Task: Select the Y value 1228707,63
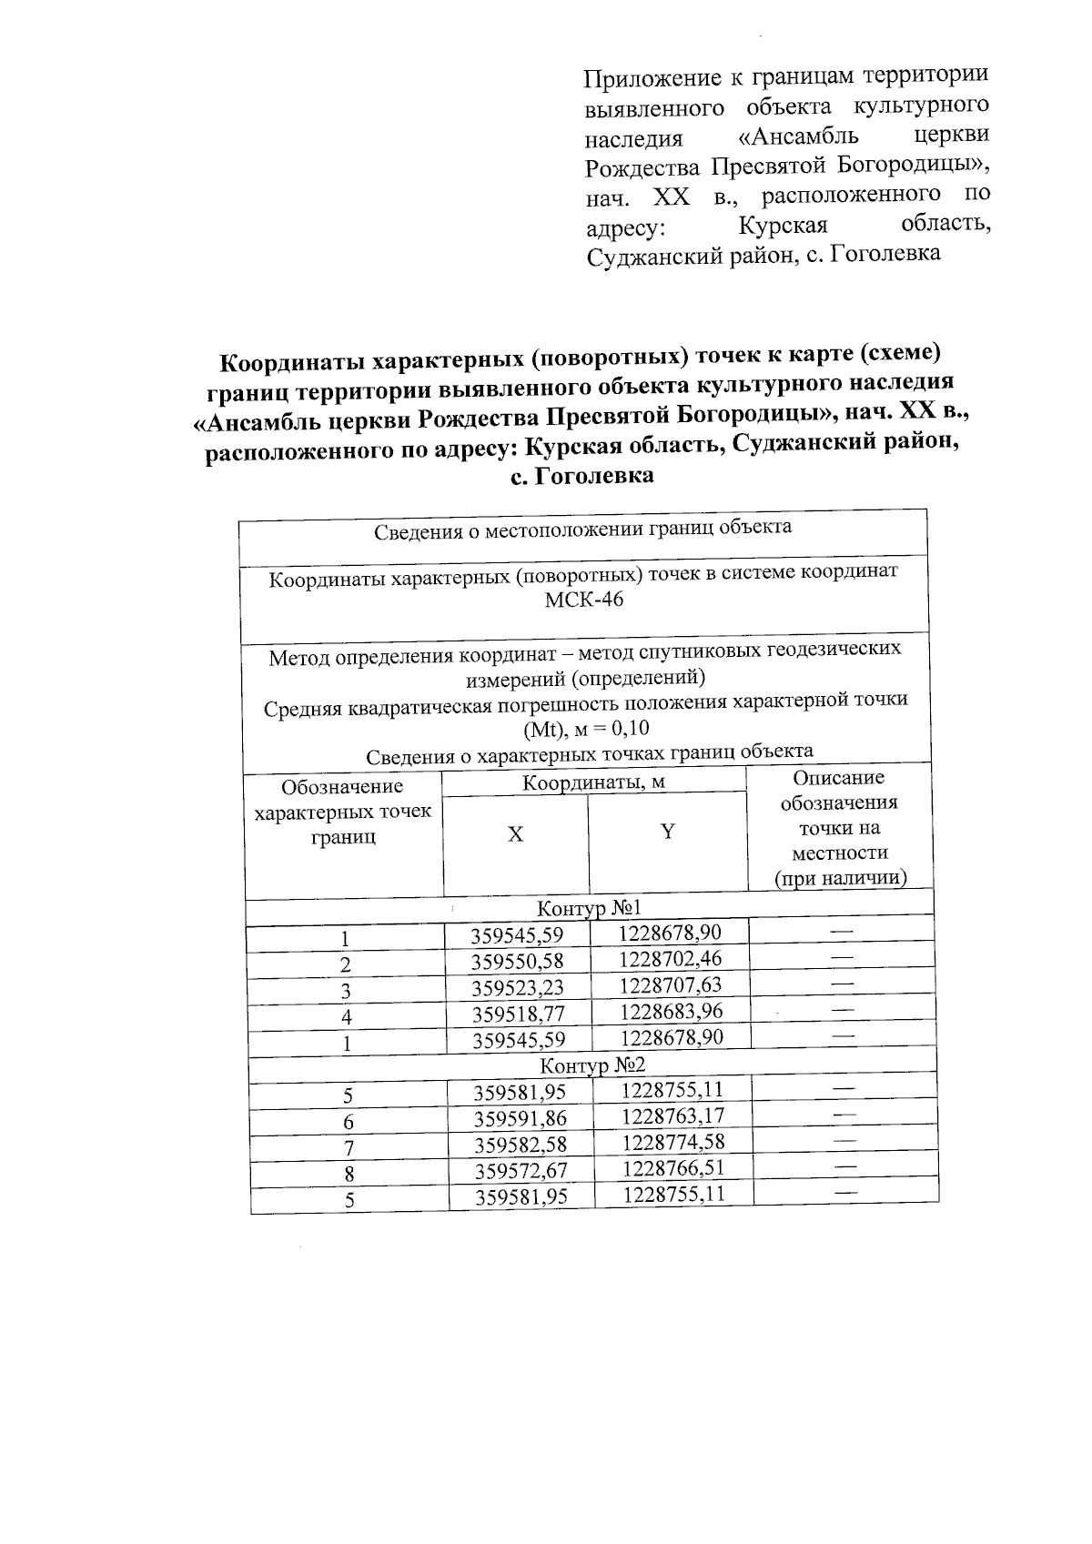(671, 984)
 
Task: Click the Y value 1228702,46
(671, 958)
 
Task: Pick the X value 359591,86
(521, 1119)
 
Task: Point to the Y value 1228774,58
(673, 1141)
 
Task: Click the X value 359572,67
(521, 1172)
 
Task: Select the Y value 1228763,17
(673, 1115)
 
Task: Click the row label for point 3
(346, 992)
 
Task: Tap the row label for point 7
(349, 1149)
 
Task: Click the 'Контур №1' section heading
(590, 908)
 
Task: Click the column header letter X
(515, 834)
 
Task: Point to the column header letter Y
(667, 832)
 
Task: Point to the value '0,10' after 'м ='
(630, 729)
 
